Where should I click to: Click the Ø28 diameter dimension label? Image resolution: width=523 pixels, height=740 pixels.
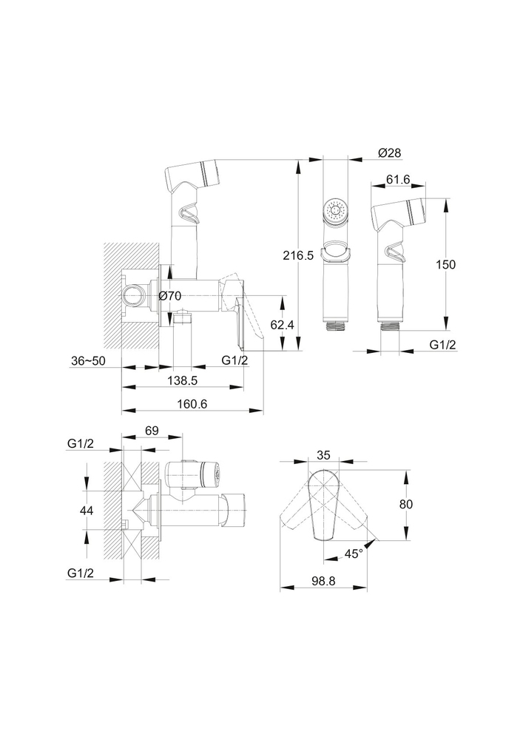[x=389, y=152]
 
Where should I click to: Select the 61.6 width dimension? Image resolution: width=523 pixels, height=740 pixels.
[x=399, y=180]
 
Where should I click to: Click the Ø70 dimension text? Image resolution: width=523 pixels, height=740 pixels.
[x=170, y=297]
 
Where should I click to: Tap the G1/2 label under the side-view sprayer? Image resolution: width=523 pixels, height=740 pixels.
[x=442, y=344]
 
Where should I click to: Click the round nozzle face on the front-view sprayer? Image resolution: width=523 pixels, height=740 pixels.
[x=336, y=212]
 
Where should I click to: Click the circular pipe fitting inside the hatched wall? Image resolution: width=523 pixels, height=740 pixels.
[x=134, y=295]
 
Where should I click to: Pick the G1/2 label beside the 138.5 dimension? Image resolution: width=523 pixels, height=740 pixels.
[x=234, y=360]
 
